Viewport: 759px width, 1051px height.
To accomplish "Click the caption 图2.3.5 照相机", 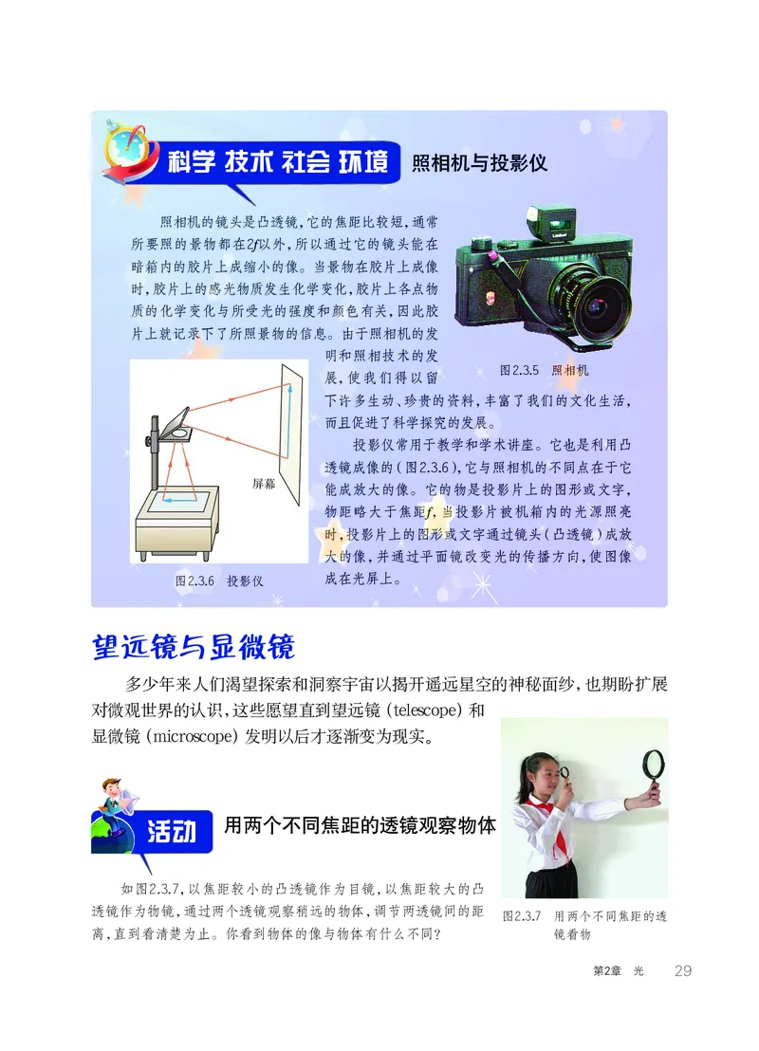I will (x=544, y=370).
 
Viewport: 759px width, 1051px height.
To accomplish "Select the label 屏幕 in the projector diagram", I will (x=264, y=483).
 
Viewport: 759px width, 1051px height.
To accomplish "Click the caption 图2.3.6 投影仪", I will (x=218, y=580).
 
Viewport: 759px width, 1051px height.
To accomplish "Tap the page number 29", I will (x=682, y=970).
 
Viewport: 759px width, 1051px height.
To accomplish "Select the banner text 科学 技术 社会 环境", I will (x=277, y=162).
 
